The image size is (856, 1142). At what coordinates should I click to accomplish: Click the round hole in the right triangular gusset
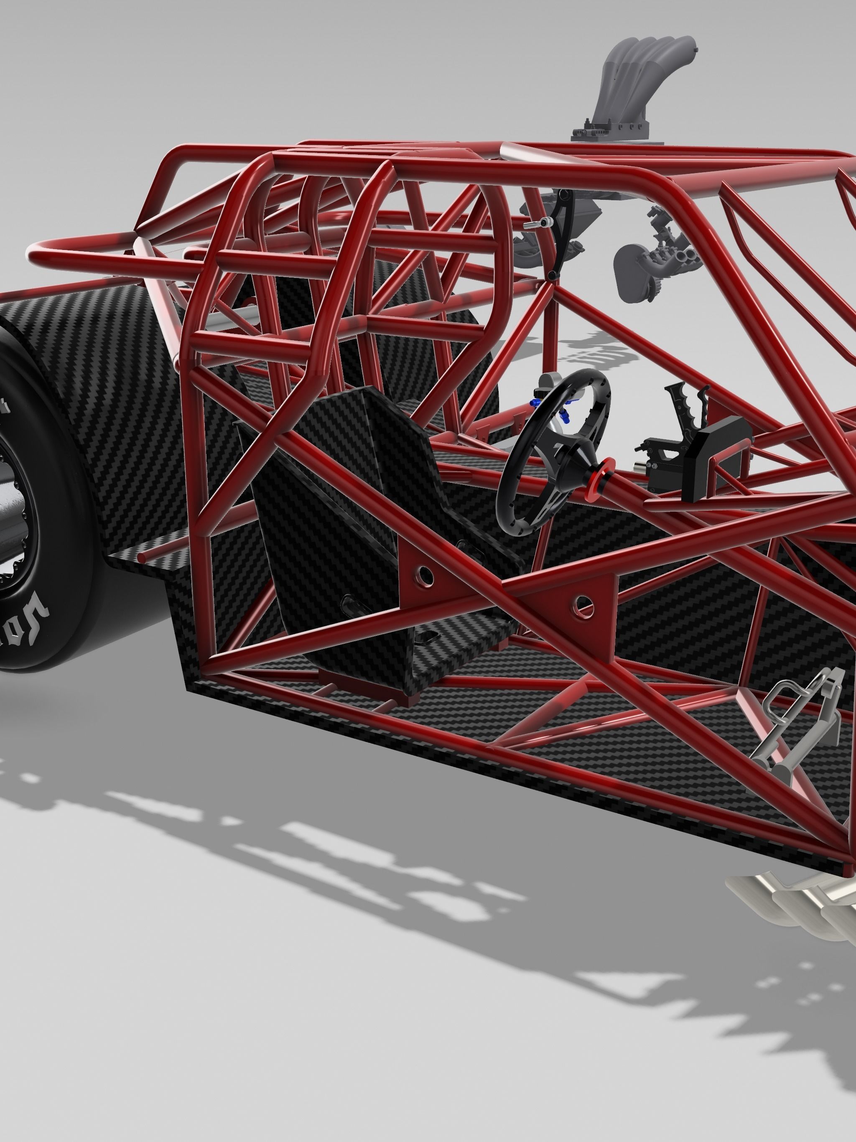coord(584,602)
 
